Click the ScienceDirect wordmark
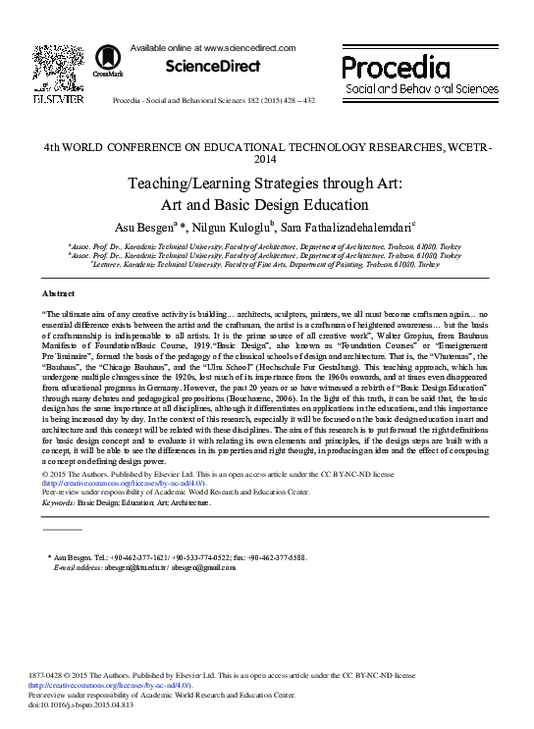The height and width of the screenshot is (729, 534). pyautogui.click(x=212, y=67)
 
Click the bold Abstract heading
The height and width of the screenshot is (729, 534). pyautogui.click(x=58, y=294)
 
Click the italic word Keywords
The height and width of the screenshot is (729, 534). pyautogui.click(x=58, y=501)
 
